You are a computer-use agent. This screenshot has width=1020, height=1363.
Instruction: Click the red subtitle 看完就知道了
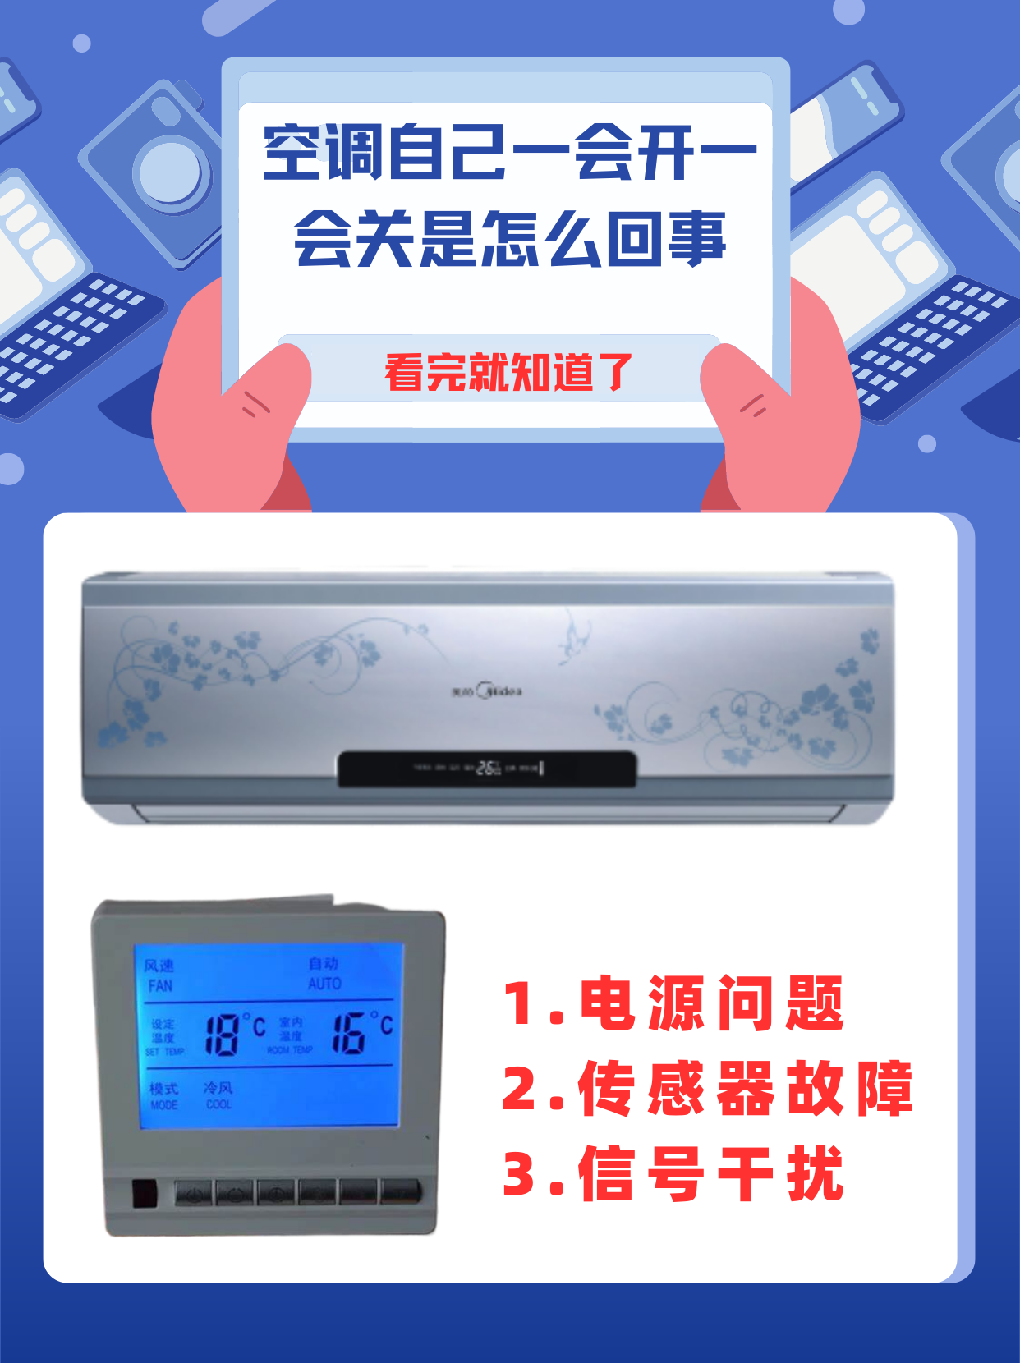[x=508, y=373]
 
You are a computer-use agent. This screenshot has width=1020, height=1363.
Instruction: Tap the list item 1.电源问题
[x=673, y=1003]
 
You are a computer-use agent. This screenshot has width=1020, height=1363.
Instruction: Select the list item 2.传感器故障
[x=706, y=1089]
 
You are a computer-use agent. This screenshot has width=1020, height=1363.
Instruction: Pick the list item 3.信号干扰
[x=673, y=1174]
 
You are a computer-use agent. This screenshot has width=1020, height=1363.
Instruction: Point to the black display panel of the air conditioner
[x=487, y=769]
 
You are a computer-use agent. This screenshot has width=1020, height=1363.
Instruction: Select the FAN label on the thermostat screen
[x=160, y=985]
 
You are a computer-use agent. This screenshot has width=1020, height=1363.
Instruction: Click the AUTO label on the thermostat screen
[x=324, y=984]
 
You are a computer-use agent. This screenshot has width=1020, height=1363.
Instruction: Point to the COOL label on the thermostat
[x=218, y=1105]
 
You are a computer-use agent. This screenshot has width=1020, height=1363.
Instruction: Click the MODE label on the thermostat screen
[x=163, y=1105]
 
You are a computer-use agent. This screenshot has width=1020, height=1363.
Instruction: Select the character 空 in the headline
[x=292, y=153]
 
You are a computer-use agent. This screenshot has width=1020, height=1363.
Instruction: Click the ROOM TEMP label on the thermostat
[x=290, y=1050]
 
